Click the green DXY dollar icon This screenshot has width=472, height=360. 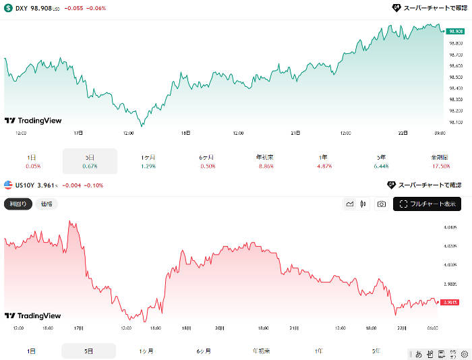point(8,8)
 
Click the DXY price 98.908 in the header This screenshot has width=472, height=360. point(45,8)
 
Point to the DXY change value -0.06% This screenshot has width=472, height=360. point(94,8)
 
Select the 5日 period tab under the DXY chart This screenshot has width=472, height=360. point(90,161)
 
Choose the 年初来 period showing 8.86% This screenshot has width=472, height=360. point(264,161)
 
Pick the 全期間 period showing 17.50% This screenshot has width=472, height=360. point(439,161)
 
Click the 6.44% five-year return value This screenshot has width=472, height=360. point(381,166)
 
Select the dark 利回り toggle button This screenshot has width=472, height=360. point(18,204)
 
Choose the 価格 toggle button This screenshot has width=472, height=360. point(47,204)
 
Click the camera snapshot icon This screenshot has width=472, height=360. point(382,204)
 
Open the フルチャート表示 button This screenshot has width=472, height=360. point(427,204)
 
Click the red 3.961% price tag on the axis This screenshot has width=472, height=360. point(450,302)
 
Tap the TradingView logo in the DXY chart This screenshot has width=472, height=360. point(33,121)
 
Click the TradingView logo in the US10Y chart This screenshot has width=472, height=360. point(33,316)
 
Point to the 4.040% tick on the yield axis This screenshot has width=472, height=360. point(451,227)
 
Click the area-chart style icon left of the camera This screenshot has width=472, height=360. point(350,204)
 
